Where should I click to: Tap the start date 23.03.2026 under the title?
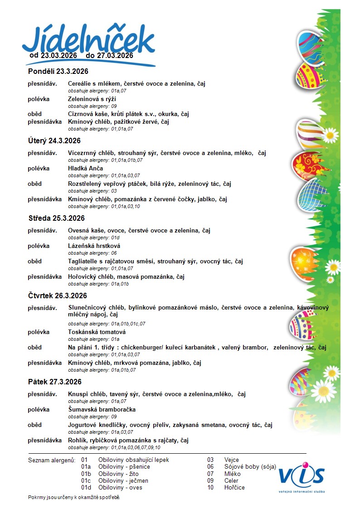[58, 55]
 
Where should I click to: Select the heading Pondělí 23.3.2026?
[58, 71]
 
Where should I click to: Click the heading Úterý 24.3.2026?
[54, 141]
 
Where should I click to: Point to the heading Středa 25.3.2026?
[56, 218]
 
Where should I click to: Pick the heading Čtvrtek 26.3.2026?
[57, 296]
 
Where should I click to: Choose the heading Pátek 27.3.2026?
[54, 382]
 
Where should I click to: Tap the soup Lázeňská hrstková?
[94, 246]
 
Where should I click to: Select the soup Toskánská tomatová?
[97, 332]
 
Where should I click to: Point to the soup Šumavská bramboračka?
[102, 410]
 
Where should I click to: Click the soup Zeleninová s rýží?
[92, 99]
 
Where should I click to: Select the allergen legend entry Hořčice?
[234, 488]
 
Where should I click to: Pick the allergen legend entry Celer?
[231, 481]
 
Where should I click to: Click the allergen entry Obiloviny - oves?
[120, 488]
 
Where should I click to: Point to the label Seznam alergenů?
[51, 460]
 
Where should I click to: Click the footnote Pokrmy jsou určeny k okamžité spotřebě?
[74, 498]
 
